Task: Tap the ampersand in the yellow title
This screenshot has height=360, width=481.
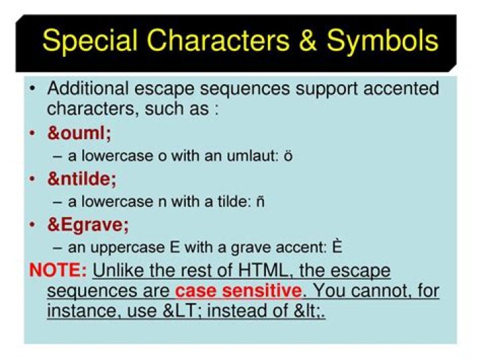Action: pyautogui.click(x=309, y=41)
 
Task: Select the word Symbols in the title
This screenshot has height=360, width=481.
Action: pyautogui.click(x=383, y=41)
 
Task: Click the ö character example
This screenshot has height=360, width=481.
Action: pyautogui.click(x=288, y=156)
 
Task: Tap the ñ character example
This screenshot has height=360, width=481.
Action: pyautogui.click(x=259, y=202)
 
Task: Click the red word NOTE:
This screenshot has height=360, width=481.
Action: pyautogui.click(x=58, y=272)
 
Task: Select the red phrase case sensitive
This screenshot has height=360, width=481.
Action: pyautogui.click(x=238, y=292)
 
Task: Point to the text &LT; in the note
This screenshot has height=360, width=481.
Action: pyautogui.click(x=248, y=311)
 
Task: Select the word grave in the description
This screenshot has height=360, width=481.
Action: pyautogui.click(x=240, y=248)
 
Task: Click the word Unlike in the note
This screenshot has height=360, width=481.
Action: pyautogui.click(x=118, y=272)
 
